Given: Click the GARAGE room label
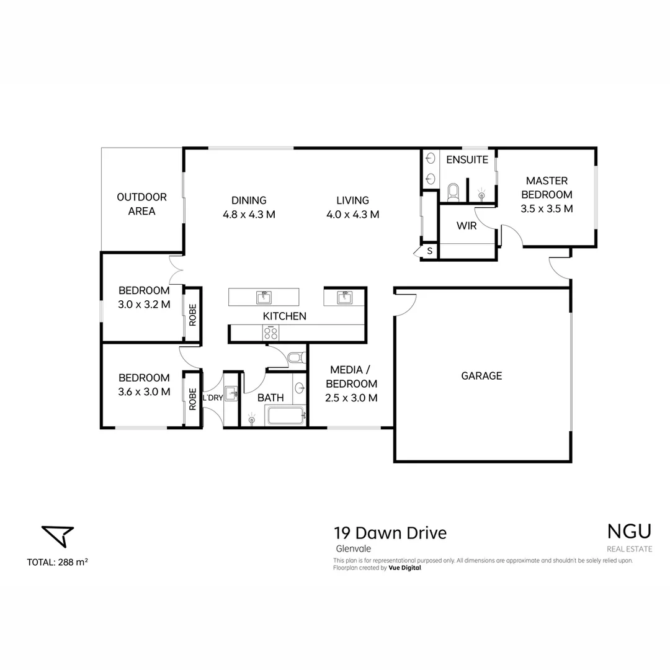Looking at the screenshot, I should [x=481, y=375].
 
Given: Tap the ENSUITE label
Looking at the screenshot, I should [x=467, y=159].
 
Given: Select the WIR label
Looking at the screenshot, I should [x=467, y=226].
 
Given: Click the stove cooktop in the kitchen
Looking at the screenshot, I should [x=271, y=333].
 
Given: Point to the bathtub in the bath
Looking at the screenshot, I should [x=286, y=416].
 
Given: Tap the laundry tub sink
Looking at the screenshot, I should [x=231, y=393].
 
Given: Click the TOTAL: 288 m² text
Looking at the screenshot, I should [x=57, y=563].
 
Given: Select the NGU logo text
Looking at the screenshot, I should [x=629, y=532].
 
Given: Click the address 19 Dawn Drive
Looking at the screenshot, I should [x=390, y=533].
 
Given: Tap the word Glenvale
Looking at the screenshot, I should [x=348, y=548].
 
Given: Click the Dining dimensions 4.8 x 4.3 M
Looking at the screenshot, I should [x=249, y=215].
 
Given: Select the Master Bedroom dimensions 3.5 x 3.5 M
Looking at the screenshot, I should [x=547, y=208].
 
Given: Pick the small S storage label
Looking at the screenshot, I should [x=429, y=251].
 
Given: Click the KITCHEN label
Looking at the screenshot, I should [x=285, y=316].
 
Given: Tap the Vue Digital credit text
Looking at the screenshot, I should [x=404, y=568].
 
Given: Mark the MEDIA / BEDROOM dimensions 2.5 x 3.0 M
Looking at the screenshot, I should [x=351, y=398].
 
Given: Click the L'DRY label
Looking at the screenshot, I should [x=212, y=398].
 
